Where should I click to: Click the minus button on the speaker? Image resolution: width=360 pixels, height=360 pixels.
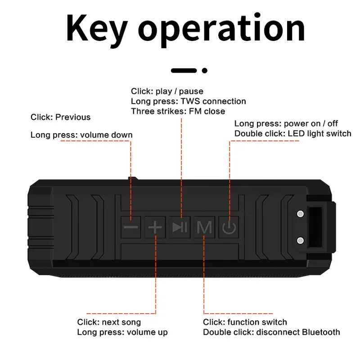click(x=131, y=227)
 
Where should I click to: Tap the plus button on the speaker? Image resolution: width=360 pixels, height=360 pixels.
click(x=155, y=227)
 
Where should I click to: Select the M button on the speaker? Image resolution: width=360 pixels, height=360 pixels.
click(x=204, y=227)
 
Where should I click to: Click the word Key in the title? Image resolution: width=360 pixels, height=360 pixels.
click(x=96, y=28)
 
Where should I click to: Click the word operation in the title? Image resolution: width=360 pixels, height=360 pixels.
click(x=221, y=28)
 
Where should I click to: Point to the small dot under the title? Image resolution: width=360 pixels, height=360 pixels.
click(x=205, y=70)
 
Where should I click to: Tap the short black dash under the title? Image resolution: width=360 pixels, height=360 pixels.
click(x=184, y=70)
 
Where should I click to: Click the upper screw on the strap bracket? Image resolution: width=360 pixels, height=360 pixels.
click(x=300, y=214)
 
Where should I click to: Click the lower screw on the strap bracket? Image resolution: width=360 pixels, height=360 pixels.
click(x=300, y=240)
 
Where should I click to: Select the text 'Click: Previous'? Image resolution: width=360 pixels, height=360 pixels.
click(x=60, y=117)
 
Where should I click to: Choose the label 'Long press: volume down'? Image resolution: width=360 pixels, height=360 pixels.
click(x=81, y=135)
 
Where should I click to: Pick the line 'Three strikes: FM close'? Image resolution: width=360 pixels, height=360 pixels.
click(x=178, y=111)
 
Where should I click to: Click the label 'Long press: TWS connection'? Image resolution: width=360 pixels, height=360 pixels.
click(x=188, y=101)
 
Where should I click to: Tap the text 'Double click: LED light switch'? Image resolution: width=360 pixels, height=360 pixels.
click(x=292, y=133)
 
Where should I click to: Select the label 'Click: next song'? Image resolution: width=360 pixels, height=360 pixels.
click(x=109, y=322)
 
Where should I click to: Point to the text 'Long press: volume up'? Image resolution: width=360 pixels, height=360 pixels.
click(x=122, y=332)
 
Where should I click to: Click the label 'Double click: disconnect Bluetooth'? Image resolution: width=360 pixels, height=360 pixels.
click(x=271, y=332)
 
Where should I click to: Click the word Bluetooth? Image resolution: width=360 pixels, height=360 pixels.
click(x=321, y=332)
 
